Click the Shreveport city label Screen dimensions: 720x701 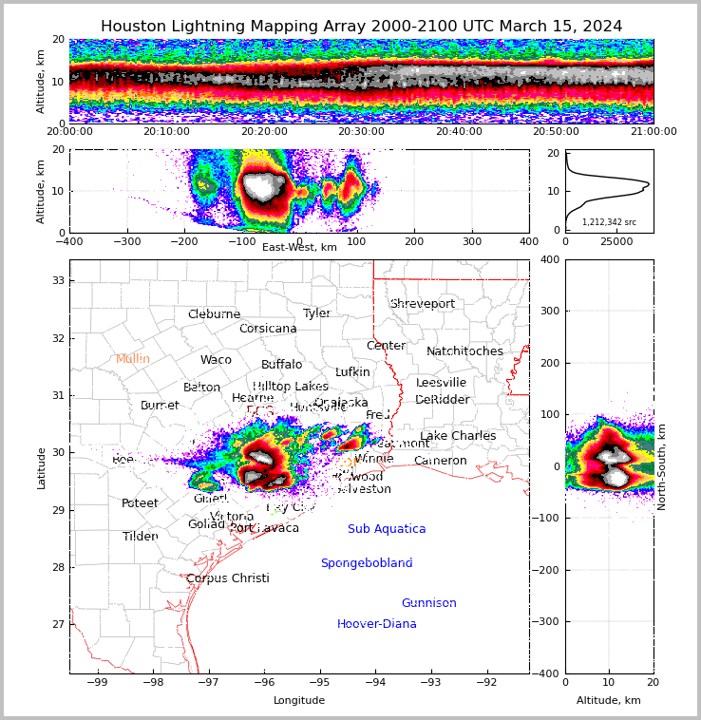point(423,304)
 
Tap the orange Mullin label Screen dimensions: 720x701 point(133,359)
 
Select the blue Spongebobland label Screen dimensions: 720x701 point(367,563)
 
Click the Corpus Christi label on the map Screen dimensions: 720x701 point(228,578)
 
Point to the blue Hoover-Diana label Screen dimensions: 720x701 point(377,624)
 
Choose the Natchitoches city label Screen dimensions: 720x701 point(464,351)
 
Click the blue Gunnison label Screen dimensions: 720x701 point(428,603)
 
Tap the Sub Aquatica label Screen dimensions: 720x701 point(387,529)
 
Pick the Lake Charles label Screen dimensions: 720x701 point(458,436)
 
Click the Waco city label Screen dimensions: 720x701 point(216,360)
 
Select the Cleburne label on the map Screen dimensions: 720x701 point(214,314)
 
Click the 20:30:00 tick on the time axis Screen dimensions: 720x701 point(362,132)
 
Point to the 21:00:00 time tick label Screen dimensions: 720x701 point(653,132)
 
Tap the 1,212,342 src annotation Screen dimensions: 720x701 point(609,222)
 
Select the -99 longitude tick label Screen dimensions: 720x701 point(98,682)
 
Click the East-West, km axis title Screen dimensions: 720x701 point(299,247)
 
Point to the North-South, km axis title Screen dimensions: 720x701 point(662,466)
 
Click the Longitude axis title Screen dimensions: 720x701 point(299,700)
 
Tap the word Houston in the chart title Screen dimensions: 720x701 point(133,27)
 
